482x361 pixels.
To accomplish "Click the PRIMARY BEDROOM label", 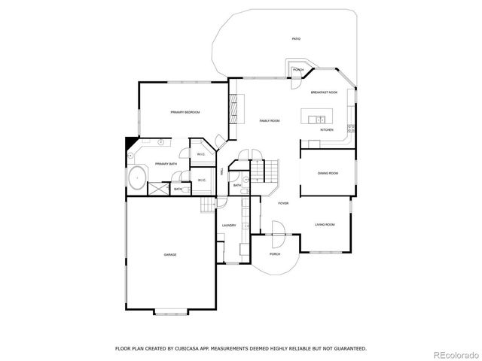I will pyautogui.click(x=185, y=112).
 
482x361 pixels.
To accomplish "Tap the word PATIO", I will pyautogui.click(x=296, y=38).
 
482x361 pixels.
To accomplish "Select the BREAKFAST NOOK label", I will pyautogui.click(x=324, y=92).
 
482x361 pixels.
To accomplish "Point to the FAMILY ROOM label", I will pyautogui.click(x=270, y=120).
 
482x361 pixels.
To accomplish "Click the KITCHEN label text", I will pyautogui.click(x=326, y=130).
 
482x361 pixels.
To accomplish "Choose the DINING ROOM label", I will pyautogui.click(x=328, y=174).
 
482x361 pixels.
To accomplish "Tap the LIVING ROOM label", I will pyautogui.click(x=325, y=225).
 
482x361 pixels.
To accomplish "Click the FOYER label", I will pyautogui.click(x=283, y=203).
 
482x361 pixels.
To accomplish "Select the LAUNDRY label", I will pyautogui.click(x=229, y=225).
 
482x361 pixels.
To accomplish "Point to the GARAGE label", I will pyautogui.click(x=170, y=255).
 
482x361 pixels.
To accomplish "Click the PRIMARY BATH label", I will pyautogui.click(x=166, y=164).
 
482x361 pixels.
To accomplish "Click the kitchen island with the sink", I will pyautogui.click(x=316, y=117).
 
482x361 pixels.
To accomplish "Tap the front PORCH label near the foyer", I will pyautogui.click(x=274, y=253).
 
